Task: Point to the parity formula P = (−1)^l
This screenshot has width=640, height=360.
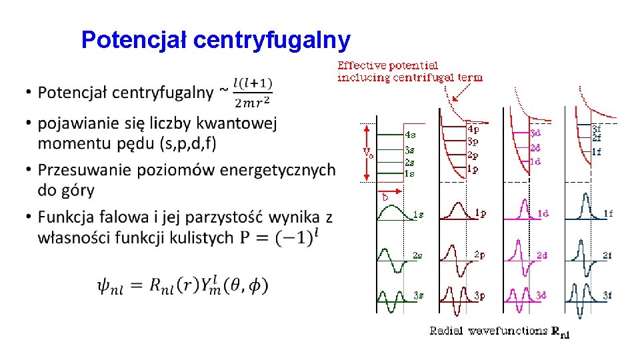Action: pyautogui.click(x=283, y=237)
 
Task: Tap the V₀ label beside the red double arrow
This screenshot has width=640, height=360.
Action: pyautogui.click(x=368, y=152)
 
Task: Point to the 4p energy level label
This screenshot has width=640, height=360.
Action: pyautogui.click(x=473, y=129)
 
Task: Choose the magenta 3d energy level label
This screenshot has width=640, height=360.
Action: pyautogui.click(x=535, y=133)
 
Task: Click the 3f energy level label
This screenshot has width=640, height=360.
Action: pyautogui.click(x=597, y=129)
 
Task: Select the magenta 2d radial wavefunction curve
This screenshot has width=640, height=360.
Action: pyautogui.click(x=518, y=254)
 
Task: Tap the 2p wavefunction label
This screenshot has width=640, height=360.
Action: pyautogui.click(x=479, y=254)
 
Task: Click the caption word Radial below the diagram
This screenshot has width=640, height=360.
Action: pyautogui.click(x=447, y=331)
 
